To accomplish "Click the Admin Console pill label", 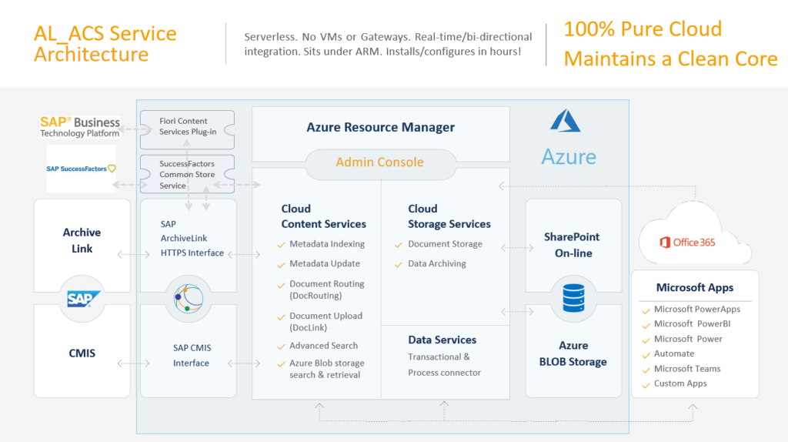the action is tap(379, 162).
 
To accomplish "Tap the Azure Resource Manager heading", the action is tap(380, 127).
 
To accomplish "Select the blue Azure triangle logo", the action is tap(566, 121).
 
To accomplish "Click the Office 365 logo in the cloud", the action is tap(687, 243).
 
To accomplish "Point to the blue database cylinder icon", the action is tap(573, 298).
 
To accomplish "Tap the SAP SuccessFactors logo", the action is tap(81, 169).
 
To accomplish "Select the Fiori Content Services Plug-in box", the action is tap(187, 129).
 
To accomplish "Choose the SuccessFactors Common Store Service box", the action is tap(187, 174).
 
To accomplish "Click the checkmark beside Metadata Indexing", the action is tap(281, 245).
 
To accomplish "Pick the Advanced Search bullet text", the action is tap(324, 346).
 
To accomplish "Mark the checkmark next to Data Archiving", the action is tap(399, 264).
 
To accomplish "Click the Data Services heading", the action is tap(442, 340).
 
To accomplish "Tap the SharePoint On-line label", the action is tap(573, 245).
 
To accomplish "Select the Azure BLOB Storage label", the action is tap(573, 353).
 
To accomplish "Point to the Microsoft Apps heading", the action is tap(695, 288).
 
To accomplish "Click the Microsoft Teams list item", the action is tap(687, 369).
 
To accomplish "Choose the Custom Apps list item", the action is tap(680, 383).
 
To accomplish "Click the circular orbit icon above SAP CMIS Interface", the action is tap(189, 299).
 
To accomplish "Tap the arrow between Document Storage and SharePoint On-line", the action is tap(517, 247).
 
